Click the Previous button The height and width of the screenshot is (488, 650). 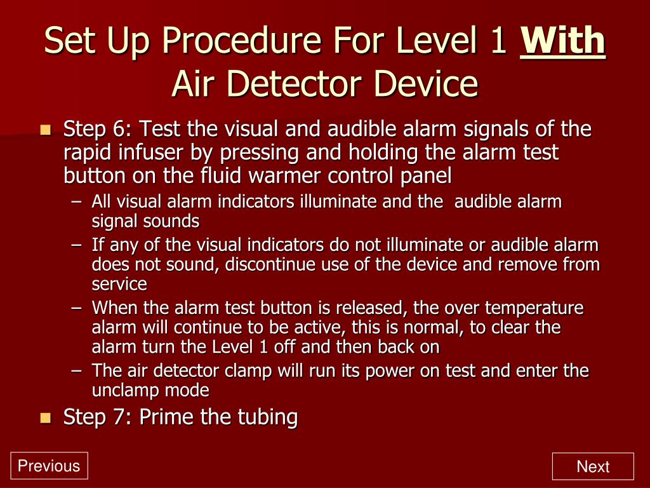(x=49, y=466)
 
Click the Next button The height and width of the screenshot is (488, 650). (x=593, y=466)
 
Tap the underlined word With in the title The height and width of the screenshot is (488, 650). (x=562, y=41)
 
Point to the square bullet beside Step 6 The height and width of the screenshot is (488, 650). (x=46, y=130)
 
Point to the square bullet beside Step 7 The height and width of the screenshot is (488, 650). (x=46, y=417)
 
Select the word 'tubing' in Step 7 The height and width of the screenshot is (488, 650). (x=267, y=417)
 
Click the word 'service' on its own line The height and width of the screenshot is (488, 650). (x=119, y=283)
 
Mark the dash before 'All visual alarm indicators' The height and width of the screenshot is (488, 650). (x=77, y=203)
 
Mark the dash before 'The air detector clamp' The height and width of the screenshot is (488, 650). (x=77, y=370)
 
